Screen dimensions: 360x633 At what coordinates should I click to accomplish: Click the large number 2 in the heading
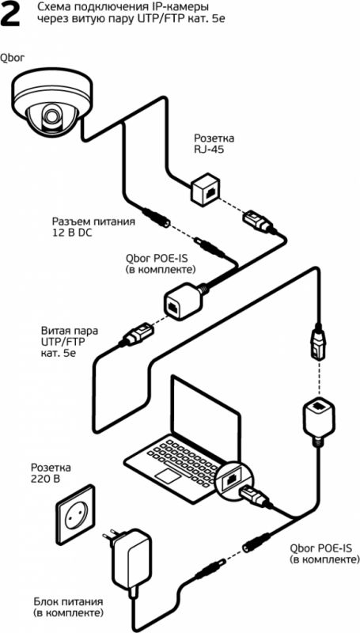11,15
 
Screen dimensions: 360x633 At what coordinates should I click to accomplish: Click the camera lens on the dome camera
51,114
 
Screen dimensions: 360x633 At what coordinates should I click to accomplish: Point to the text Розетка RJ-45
214,144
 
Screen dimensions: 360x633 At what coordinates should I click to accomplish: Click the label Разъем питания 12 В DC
93,227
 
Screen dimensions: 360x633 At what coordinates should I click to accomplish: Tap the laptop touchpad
169,476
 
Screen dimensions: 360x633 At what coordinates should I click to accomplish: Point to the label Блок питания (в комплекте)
68,618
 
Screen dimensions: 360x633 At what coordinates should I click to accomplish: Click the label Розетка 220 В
51,473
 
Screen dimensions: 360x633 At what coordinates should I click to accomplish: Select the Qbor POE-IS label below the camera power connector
161,263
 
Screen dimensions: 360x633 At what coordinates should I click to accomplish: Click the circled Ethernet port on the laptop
232,479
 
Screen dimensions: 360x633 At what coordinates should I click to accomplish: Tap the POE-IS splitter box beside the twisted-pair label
184,300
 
